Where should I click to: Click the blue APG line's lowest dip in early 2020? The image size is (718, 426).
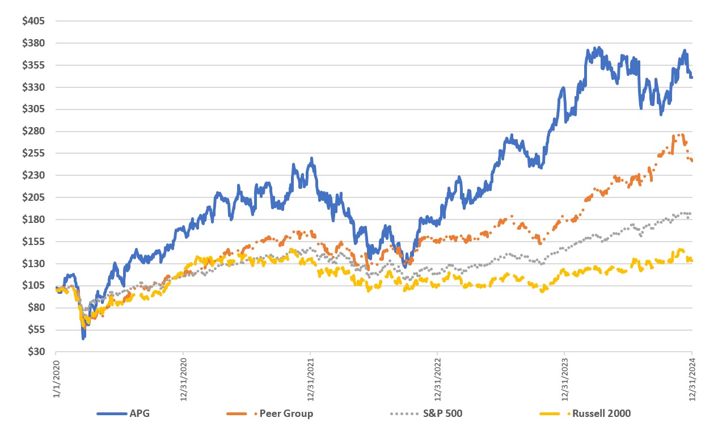83,338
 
